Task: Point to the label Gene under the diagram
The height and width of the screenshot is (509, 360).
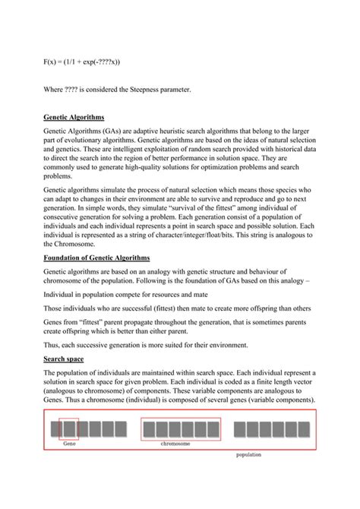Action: click(69, 444)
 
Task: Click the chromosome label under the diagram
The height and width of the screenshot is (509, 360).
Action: click(175, 444)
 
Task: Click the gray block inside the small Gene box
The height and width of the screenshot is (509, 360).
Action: click(68, 429)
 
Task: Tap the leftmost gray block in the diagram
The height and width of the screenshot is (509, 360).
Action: click(55, 429)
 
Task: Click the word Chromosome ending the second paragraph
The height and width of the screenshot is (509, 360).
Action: click(74, 245)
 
